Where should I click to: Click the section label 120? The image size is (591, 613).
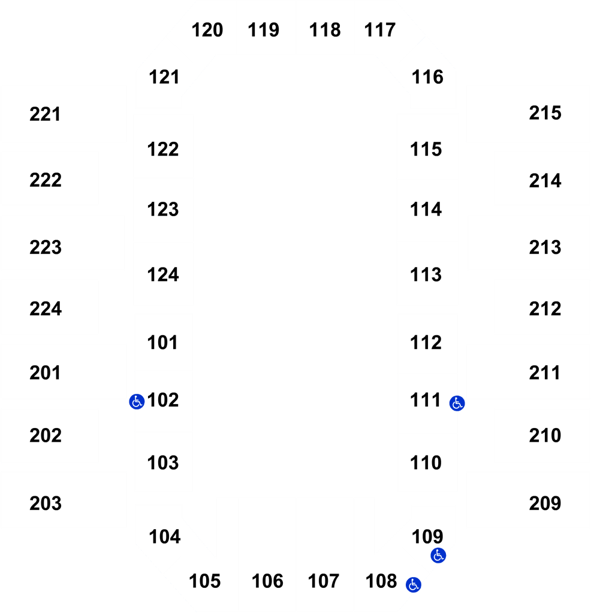coord(207,30)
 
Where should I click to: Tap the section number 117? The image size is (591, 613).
coord(379,30)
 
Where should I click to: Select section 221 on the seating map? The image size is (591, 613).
coord(45,114)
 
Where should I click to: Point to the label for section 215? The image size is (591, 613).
coord(545,113)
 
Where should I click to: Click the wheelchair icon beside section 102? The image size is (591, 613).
coord(137,402)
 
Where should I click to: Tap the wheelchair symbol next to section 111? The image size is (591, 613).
coord(457,403)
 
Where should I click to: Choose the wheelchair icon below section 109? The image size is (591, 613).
coord(438,555)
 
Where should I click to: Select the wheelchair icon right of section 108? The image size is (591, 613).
coord(414,585)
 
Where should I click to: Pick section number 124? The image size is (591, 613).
coord(163,275)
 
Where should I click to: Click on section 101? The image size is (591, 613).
coord(162,343)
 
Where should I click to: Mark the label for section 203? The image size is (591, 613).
coord(46,503)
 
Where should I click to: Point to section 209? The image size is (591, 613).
coord(545,503)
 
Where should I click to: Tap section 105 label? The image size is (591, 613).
coord(205,581)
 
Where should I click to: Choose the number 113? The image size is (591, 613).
coord(426,275)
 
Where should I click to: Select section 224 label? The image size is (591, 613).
coord(46,309)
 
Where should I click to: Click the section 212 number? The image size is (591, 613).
coord(545,309)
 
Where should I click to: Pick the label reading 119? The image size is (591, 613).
coord(263,30)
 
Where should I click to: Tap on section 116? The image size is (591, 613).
coord(427,77)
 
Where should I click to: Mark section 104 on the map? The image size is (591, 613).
coord(165,537)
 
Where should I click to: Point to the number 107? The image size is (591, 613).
coord(323,581)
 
